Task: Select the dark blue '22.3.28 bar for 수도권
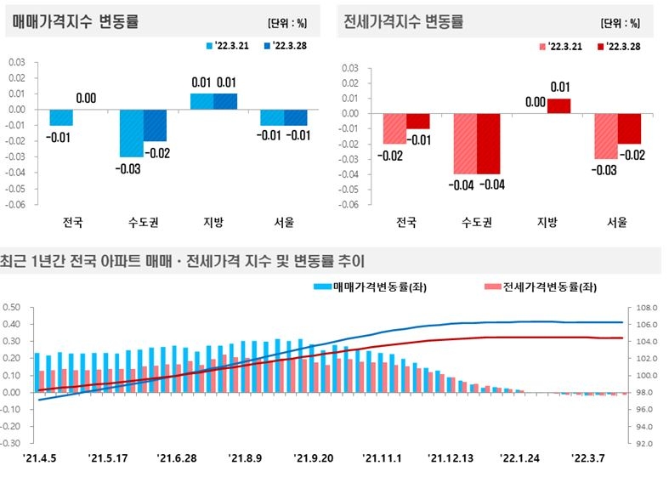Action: pos(155,125)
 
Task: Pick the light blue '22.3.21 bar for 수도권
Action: pos(131,133)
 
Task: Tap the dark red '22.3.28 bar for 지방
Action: pos(558,105)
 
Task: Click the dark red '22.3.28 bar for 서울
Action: pos(628,128)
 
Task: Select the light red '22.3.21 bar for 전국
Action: pos(394,128)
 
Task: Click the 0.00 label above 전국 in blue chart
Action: pos(86,99)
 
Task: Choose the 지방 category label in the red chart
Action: pos(547,223)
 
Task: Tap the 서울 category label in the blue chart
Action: pos(284,223)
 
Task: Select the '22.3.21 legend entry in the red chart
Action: pos(558,45)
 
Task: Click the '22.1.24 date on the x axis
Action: pos(520,457)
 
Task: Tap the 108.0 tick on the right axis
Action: pos(643,308)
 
